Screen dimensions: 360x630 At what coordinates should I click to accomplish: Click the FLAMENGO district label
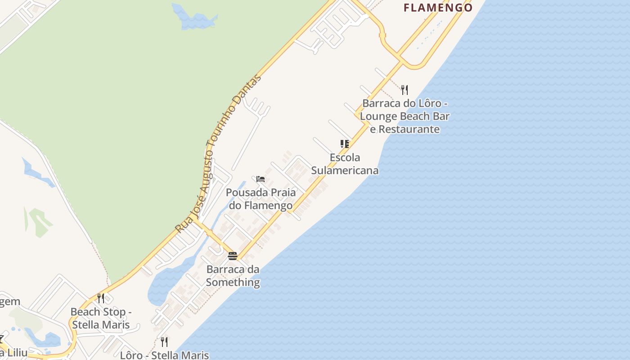(x=438, y=8)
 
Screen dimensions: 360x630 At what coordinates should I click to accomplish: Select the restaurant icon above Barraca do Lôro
(x=405, y=90)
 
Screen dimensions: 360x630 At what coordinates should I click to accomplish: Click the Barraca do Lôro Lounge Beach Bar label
(x=405, y=116)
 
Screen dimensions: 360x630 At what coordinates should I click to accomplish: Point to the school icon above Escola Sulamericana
(x=345, y=144)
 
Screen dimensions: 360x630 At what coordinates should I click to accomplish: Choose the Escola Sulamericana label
(x=345, y=164)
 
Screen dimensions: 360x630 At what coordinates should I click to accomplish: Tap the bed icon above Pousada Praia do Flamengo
(x=261, y=179)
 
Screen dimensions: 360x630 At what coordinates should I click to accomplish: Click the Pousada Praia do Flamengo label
(x=261, y=199)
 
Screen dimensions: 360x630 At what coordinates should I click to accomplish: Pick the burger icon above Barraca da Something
(x=233, y=256)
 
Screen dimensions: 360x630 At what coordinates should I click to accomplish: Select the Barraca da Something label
(x=233, y=276)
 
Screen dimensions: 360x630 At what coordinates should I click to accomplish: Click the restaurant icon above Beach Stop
(x=101, y=298)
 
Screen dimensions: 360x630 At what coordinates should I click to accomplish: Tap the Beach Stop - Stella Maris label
(x=101, y=318)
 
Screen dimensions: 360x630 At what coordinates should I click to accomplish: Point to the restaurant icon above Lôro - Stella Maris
(x=164, y=342)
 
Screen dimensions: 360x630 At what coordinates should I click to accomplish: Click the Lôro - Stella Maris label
(x=164, y=355)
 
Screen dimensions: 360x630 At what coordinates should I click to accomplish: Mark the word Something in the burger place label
(x=233, y=283)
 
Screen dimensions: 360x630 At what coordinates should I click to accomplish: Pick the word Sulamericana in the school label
(x=345, y=171)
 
